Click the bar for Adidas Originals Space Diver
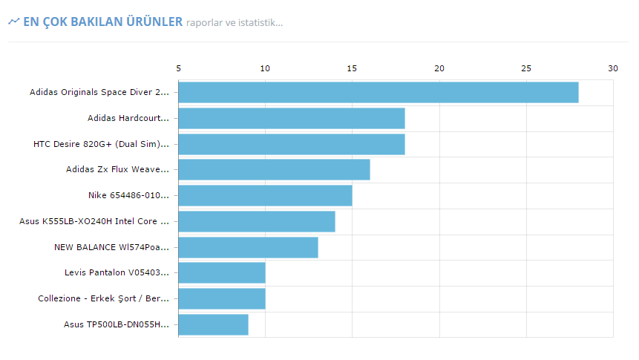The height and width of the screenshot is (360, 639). click(x=378, y=93)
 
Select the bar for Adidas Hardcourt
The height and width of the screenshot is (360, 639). click(x=291, y=118)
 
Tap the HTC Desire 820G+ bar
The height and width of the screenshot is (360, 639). click(x=291, y=144)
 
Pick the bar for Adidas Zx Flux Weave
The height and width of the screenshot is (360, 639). click(x=274, y=170)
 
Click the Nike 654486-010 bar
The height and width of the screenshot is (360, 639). click(x=265, y=195)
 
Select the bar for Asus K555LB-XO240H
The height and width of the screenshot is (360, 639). click(x=256, y=221)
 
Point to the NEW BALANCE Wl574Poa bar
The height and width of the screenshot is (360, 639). click(x=248, y=247)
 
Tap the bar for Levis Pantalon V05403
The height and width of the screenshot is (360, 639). click(x=222, y=273)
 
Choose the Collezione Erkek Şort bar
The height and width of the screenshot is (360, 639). click(x=222, y=298)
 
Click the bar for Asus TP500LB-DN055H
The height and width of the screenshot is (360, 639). click(x=213, y=324)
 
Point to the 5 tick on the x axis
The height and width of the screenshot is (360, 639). click(x=178, y=68)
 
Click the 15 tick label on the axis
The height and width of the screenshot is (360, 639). click(x=353, y=68)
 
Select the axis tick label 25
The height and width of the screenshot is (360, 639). click(x=526, y=68)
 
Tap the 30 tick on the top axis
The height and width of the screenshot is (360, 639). click(x=613, y=68)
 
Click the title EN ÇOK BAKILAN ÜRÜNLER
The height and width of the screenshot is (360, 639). click(x=102, y=22)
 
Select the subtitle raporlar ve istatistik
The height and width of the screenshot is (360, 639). click(x=235, y=23)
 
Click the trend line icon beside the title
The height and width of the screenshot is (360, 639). click(x=13, y=22)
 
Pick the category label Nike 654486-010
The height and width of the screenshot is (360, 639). click(x=128, y=195)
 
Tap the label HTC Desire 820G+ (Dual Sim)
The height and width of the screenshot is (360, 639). click(x=101, y=144)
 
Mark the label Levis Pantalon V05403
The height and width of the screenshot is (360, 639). click(x=117, y=273)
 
